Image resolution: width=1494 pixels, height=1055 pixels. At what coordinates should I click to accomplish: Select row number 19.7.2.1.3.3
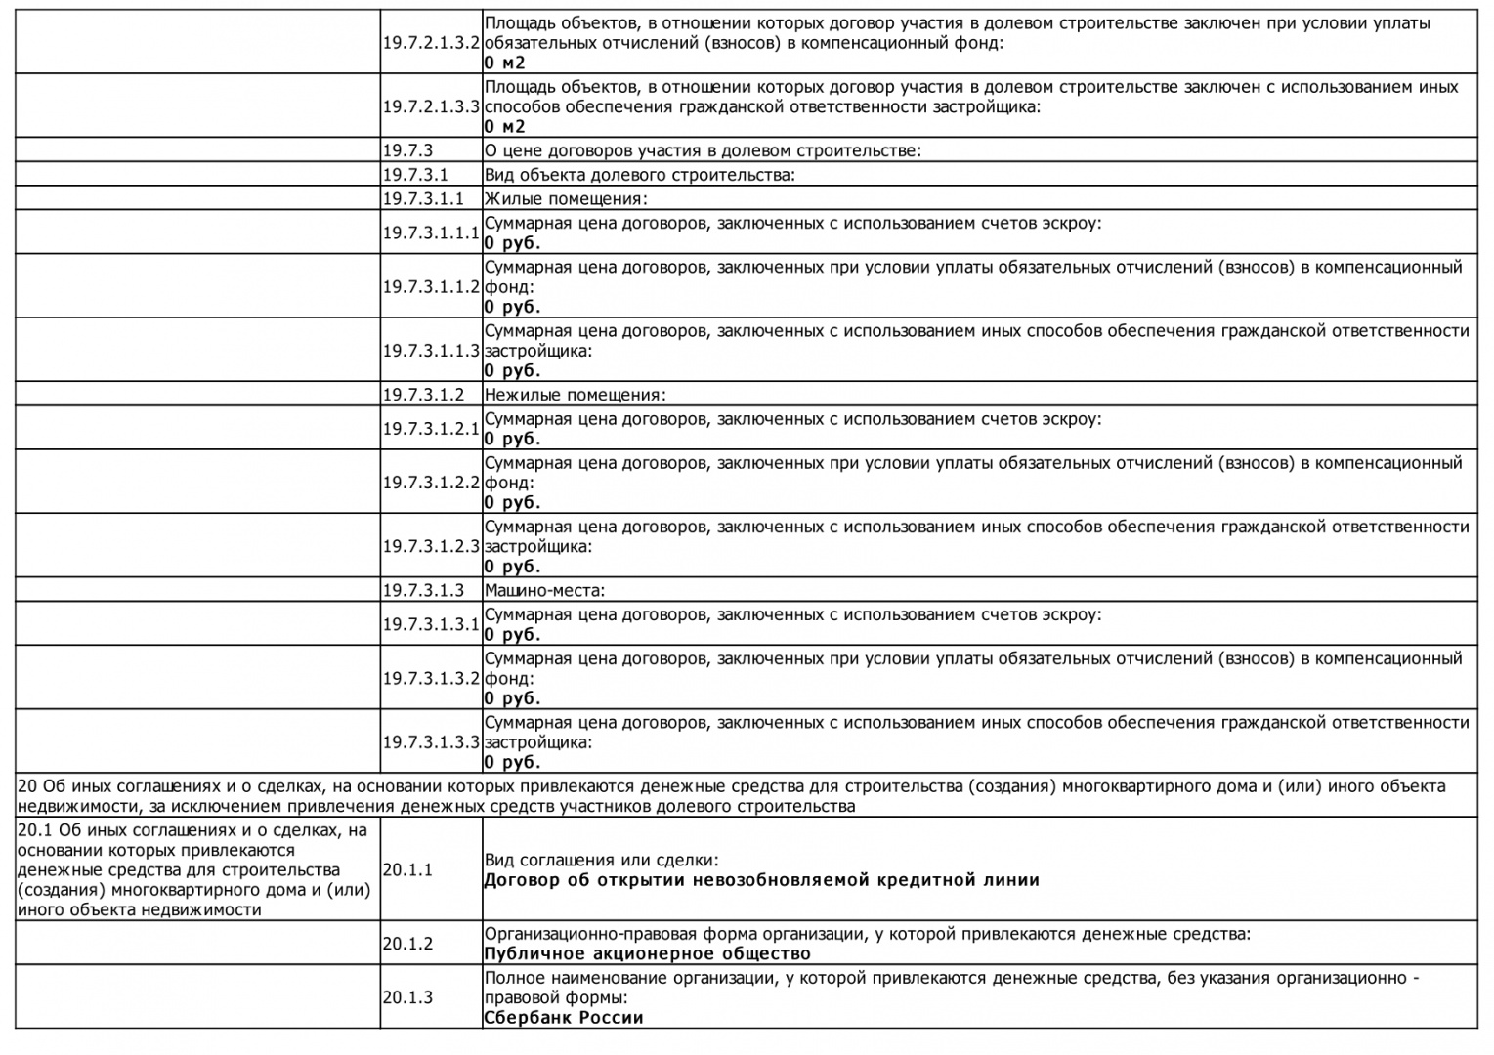(x=431, y=106)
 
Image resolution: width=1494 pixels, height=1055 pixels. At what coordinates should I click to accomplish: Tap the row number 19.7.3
(x=407, y=150)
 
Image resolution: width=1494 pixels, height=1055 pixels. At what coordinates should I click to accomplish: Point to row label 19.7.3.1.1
(x=423, y=199)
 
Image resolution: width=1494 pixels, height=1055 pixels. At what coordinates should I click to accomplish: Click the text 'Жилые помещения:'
(x=566, y=199)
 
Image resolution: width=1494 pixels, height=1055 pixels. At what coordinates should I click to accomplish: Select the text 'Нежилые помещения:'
(x=575, y=395)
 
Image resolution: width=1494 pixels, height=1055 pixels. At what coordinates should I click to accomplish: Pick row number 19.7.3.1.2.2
(x=431, y=483)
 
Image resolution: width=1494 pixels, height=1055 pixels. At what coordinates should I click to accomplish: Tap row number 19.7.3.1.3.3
(x=431, y=742)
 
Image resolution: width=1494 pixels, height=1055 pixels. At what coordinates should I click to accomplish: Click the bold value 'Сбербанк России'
(x=564, y=1017)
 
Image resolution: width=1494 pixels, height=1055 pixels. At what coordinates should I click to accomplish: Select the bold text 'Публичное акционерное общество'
(x=647, y=953)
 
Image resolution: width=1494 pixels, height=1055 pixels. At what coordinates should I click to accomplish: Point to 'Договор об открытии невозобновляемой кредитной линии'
(x=761, y=880)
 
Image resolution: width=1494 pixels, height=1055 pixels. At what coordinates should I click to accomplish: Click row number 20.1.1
(x=407, y=869)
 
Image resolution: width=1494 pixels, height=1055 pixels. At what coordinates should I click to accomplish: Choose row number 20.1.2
(x=407, y=944)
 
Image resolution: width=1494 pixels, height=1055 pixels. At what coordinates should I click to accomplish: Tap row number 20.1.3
(x=407, y=997)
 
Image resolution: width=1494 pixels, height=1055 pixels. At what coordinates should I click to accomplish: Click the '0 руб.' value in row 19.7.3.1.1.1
(x=512, y=243)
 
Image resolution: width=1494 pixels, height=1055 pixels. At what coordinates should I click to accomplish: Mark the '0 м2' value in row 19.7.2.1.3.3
(x=504, y=126)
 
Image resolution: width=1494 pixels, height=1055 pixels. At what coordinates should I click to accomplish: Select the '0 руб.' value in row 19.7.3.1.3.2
(x=512, y=698)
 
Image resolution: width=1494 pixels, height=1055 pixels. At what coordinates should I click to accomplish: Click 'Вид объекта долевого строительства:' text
(x=640, y=175)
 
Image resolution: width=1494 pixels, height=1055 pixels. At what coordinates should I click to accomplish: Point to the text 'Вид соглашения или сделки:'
(x=601, y=861)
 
